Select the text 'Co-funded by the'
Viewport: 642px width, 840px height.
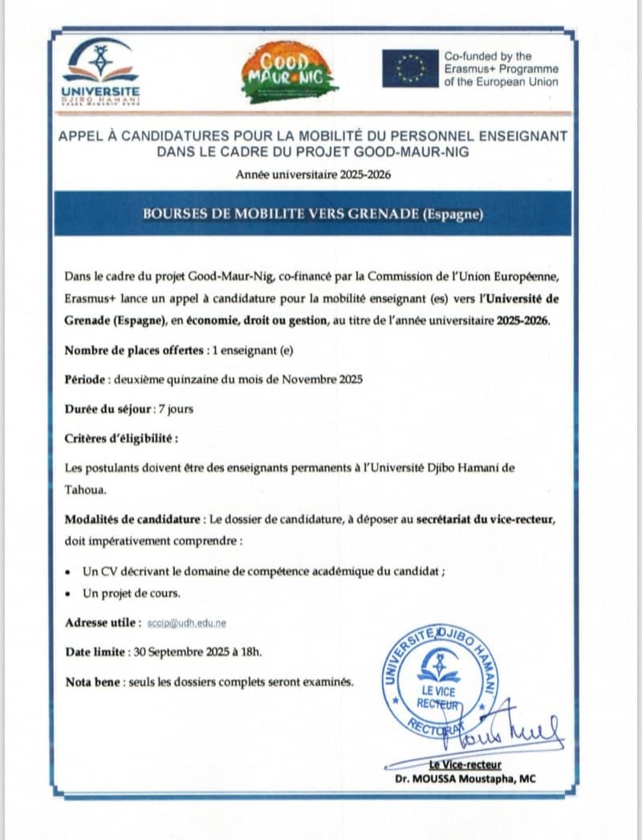[x=488, y=56]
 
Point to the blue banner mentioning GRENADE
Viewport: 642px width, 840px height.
[x=313, y=213]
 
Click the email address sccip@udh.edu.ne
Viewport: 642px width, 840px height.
[x=187, y=623]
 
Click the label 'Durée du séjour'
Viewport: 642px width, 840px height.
[x=108, y=408]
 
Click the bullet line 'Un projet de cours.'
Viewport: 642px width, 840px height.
[x=132, y=594]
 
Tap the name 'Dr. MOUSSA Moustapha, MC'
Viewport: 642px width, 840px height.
[x=465, y=778]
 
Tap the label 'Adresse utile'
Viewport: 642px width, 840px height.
[x=100, y=623]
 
